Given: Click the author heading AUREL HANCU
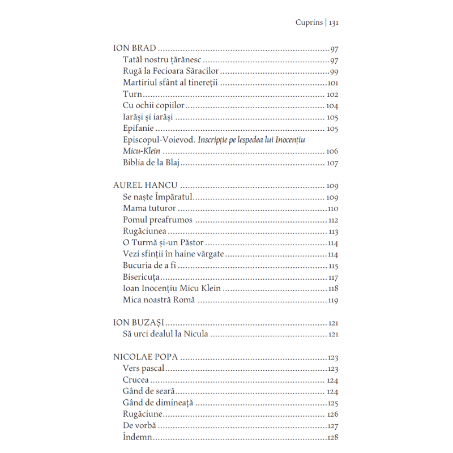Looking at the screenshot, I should [x=146, y=185].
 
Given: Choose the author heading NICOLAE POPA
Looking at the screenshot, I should [x=146, y=357].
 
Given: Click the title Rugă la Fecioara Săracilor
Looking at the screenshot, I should [x=170, y=71].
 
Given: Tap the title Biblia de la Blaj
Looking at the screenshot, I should [x=151, y=163].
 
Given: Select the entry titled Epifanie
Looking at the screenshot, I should [x=138, y=129].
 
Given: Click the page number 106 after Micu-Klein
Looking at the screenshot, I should [x=332, y=151].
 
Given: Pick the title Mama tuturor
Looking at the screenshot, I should [x=149, y=208].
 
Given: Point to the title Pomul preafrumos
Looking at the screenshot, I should [x=157, y=220].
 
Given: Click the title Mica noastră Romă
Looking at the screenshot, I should [x=159, y=300].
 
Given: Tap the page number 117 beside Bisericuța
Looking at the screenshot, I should [x=333, y=277].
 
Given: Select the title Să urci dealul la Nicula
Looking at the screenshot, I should [x=166, y=334].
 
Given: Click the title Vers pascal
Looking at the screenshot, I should [x=143, y=369].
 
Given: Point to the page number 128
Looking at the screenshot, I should [x=332, y=437].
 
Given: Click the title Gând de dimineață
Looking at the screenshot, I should [x=158, y=403].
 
